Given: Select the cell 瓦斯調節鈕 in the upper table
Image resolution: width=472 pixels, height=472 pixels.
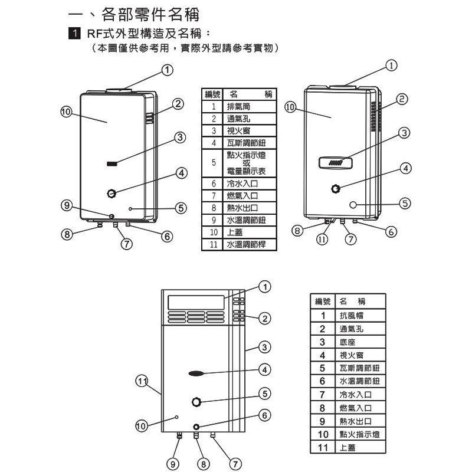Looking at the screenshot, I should pyautogui.click(x=242, y=143).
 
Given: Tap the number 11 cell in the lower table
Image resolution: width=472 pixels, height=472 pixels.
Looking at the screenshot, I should pyautogui.click(x=322, y=448).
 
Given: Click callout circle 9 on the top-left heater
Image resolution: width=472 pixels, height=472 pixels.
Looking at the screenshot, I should pyautogui.click(x=68, y=205).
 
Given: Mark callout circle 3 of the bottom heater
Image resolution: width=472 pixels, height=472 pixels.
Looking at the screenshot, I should pyautogui.click(x=265, y=346).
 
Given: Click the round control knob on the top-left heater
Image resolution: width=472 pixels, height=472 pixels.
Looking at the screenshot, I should pyautogui.click(x=111, y=194).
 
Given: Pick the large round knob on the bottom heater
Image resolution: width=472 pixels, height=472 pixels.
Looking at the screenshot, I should pyautogui.click(x=197, y=402).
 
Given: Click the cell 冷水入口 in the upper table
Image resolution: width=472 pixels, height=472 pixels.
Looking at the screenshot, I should pyautogui.click(x=242, y=183).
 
